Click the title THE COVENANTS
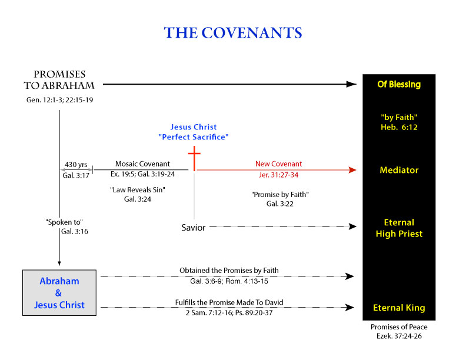233,33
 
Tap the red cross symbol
194,158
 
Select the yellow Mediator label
399,170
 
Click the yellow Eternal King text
399,308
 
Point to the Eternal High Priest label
399,228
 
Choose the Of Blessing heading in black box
399,84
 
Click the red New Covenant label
278,164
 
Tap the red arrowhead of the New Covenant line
352,170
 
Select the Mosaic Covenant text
142,164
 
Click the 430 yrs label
76,165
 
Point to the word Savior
194,228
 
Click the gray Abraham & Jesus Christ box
59,292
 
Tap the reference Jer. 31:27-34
278,175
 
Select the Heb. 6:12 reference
399,128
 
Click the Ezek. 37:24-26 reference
399,336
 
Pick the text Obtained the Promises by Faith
229,271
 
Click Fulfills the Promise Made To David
229,302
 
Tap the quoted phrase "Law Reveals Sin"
138,190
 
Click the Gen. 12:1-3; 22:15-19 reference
60,100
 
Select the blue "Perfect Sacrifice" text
194,137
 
